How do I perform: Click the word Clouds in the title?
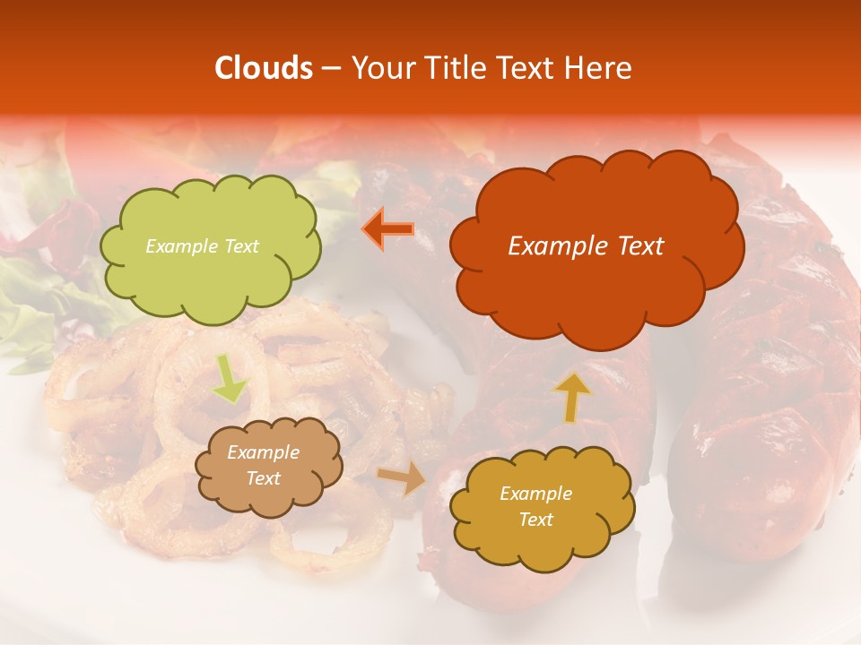[264, 68]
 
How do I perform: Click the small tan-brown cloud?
[268, 466]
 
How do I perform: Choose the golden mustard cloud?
[541, 506]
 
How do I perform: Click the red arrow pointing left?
[388, 228]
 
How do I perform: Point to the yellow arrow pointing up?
[571, 397]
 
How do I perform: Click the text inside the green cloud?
[202, 246]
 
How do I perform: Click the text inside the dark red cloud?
[586, 246]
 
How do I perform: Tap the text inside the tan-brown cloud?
[264, 466]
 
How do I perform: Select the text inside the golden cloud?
[535, 506]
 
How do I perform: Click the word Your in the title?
[381, 68]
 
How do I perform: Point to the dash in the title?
[330, 68]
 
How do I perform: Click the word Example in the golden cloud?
[535, 494]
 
